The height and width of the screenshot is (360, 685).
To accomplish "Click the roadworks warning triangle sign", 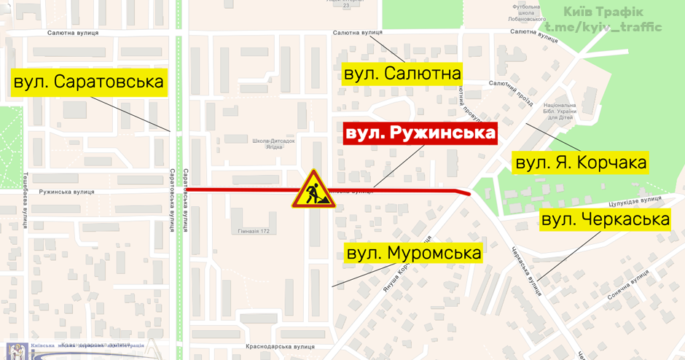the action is point(313,189).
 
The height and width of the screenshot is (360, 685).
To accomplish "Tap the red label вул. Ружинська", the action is point(420,133).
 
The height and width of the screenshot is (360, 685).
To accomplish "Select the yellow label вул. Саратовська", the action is point(89,81).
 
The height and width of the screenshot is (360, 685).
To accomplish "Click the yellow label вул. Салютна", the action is point(403,74).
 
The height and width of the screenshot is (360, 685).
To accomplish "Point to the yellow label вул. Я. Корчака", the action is point(581,163).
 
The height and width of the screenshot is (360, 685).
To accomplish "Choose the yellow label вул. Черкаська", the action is point(605,219).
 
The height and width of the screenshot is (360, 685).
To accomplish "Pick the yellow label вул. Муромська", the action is point(414,253).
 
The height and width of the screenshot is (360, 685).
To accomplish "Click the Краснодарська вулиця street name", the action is point(279,347).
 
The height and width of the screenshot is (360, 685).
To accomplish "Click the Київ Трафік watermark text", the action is point(603,11).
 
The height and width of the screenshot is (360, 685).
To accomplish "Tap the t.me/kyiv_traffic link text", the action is point(603,27).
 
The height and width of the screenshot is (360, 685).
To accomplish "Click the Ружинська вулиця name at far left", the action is point(67,192).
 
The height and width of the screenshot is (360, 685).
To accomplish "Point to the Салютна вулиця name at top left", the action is point(73,34).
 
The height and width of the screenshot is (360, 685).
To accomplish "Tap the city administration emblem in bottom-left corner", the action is point(16,350).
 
